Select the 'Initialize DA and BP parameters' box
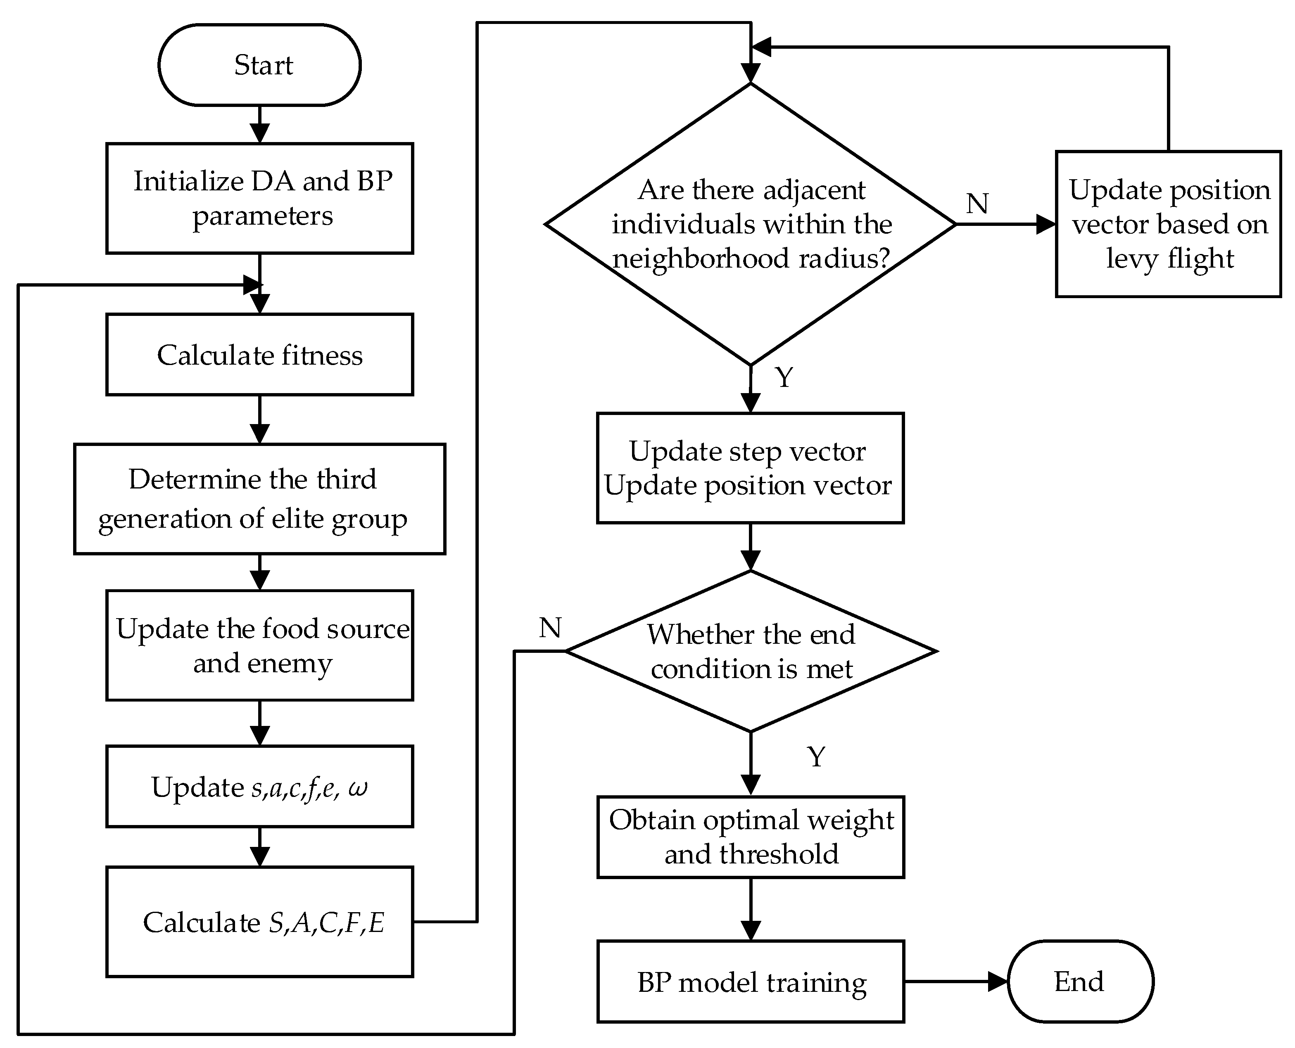[x=260, y=198]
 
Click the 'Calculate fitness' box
[x=260, y=355]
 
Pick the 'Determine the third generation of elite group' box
[x=260, y=499]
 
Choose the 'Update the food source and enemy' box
[x=260, y=645]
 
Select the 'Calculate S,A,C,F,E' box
[x=260, y=922]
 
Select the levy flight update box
[x=1169, y=224]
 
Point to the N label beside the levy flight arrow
[x=977, y=204]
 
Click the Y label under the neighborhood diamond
[x=784, y=378]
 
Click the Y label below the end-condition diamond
[x=816, y=757]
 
